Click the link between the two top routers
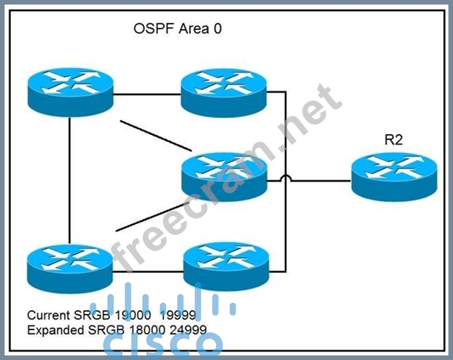147,94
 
